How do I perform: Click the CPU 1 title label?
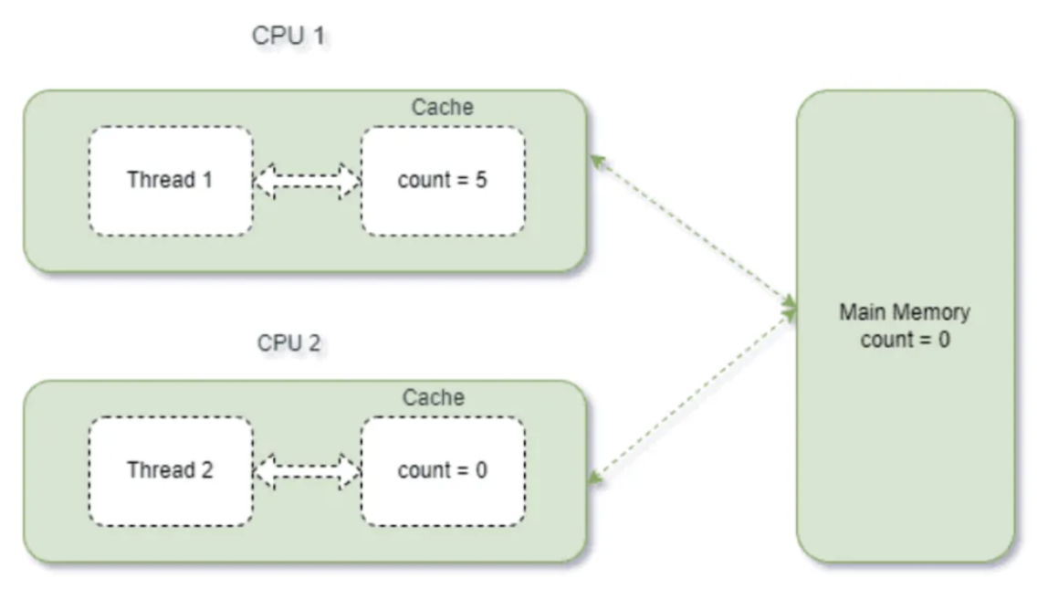(288, 36)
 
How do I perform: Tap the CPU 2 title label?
(288, 343)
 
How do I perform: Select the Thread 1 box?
(171, 181)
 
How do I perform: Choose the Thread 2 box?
(171, 471)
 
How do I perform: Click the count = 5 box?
(443, 181)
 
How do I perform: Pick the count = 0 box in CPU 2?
(443, 471)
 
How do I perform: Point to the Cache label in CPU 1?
(443, 107)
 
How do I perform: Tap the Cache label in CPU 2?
(433, 397)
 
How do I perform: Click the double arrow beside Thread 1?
(307, 181)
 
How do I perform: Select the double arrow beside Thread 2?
(307, 471)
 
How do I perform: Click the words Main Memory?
(905, 312)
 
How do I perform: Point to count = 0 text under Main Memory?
(905, 340)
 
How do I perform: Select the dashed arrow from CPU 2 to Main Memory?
(692, 396)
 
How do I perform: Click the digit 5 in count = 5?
(480, 180)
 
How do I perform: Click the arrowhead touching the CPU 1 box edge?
(597, 161)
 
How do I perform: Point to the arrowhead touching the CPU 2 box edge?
(594, 477)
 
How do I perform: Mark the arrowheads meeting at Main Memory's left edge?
(790, 309)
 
